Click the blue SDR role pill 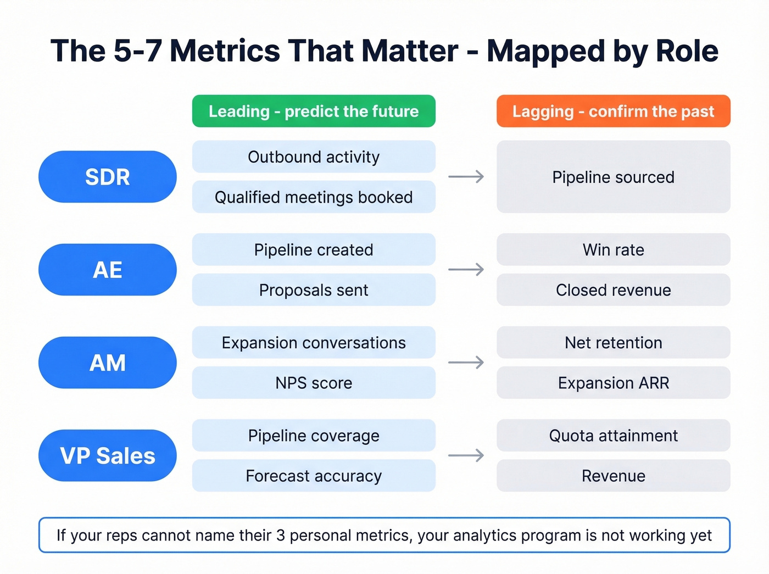pos(108,177)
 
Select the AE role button pos(108,270)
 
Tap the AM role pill pos(108,363)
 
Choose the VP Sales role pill pos(108,455)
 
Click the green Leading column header pos(314,111)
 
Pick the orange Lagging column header pos(613,111)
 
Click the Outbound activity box pos(314,157)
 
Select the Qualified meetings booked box pos(314,197)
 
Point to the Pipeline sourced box pos(613,177)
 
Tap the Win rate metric pos(613,249)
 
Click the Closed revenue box pos(613,290)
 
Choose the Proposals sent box pos(314,290)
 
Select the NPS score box pos(314,383)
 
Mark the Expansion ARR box pos(613,383)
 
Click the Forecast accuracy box pos(314,476)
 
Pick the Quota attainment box pos(613,436)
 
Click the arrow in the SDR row pos(466,177)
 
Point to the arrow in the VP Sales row pos(466,455)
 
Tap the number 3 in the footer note pos(280,536)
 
